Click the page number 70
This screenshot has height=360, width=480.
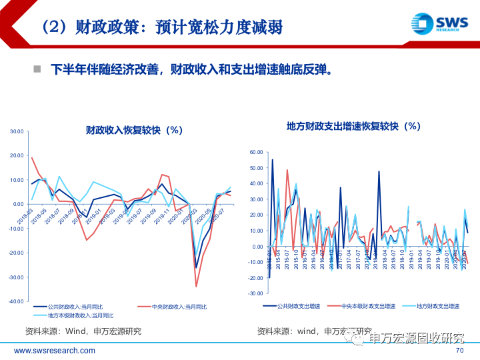(x=459, y=351)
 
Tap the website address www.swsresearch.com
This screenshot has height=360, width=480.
(x=55, y=351)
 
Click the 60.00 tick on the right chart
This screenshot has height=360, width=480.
(x=257, y=152)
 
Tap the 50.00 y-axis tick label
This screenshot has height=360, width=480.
(x=257, y=168)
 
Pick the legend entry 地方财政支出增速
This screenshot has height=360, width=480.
(x=435, y=305)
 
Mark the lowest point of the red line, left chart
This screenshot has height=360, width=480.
(x=196, y=287)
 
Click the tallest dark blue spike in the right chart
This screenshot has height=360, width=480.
(x=272, y=160)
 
